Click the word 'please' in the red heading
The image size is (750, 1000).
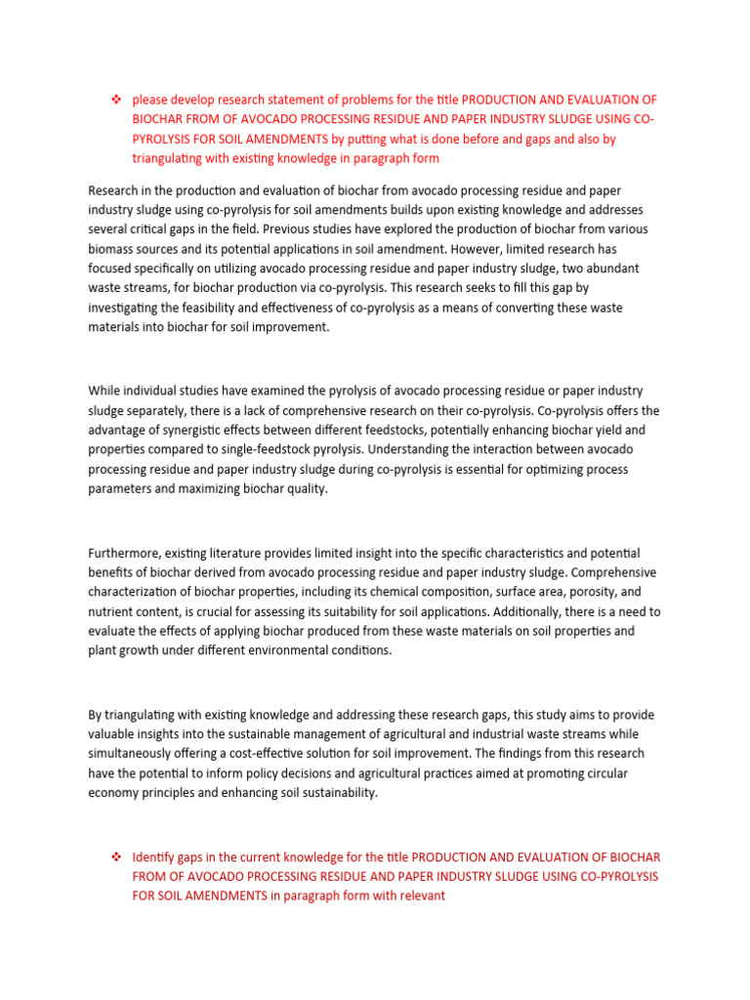[x=150, y=100]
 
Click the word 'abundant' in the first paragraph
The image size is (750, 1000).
[x=614, y=268]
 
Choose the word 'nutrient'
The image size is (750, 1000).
[x=112, y=612]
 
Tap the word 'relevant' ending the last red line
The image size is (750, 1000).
[x=417, y=895]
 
